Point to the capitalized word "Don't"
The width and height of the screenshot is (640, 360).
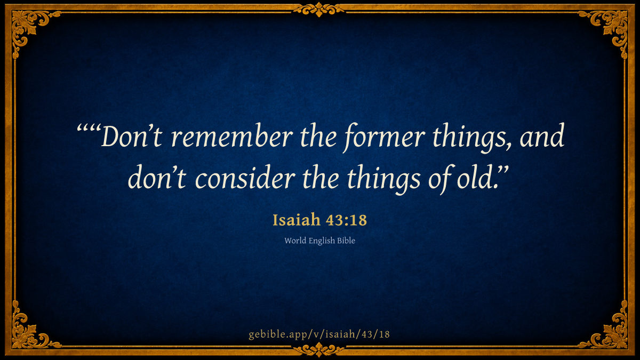[x=132, y=137]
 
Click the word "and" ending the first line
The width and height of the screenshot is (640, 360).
[x=542, y=135]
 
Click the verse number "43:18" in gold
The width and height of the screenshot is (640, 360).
[x=346, y=220]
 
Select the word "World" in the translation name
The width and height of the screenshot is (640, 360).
[x=295, y=241]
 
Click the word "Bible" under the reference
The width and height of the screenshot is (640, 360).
[x=346, y=241]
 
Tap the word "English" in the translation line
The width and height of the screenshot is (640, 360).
[x=322, y=241]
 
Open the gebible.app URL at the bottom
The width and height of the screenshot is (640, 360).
[x=319, y=334]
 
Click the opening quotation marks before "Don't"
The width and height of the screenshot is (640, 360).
[x=89, y=129]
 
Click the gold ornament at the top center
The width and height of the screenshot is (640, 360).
[x=319, y=9]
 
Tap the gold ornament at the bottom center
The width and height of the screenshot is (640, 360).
[x=319, y=350]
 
